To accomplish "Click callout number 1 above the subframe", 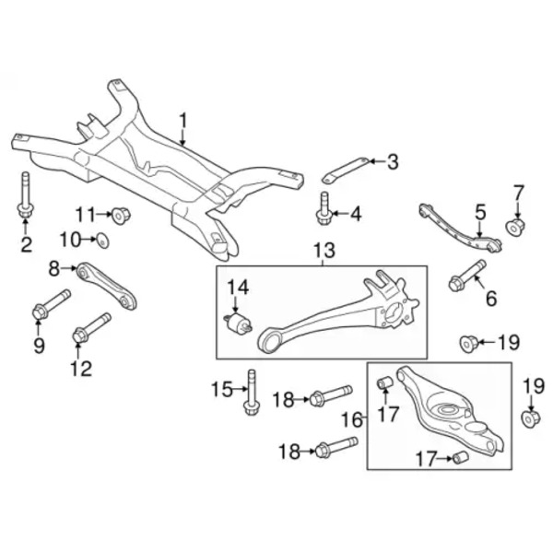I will [x=182, y=121].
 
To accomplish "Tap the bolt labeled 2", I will [x=24, y=196].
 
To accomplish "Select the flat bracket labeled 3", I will [x=342, y=171].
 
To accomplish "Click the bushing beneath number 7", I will [x=516, y=226].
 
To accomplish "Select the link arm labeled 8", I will [x=107, y=285].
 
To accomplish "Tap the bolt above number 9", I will [x=50, y=307].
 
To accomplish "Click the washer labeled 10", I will [x=103, y=241].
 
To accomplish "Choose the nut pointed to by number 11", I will [x=121, y=216].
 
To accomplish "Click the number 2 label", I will [x=26, y=244].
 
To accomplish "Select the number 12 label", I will [x=81, y=369].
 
